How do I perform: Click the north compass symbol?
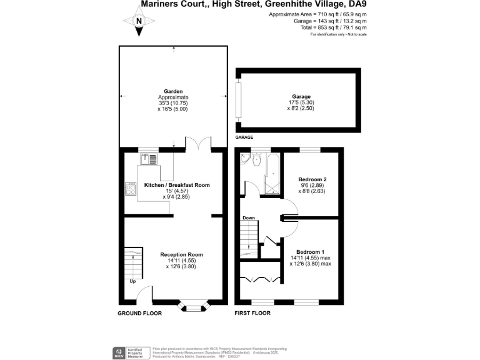coord(139,21)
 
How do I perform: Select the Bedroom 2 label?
coord(313,178)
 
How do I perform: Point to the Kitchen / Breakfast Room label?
coord(177,185)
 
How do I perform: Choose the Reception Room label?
coord(181,254)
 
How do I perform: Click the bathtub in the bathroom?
coord(272,173)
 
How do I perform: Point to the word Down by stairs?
coord(247,218)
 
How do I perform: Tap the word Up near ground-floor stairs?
coord(132,281)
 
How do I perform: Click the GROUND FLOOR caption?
coord(140,312)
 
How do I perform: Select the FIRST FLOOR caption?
coord(252,312)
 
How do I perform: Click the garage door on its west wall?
coord(237,100)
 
